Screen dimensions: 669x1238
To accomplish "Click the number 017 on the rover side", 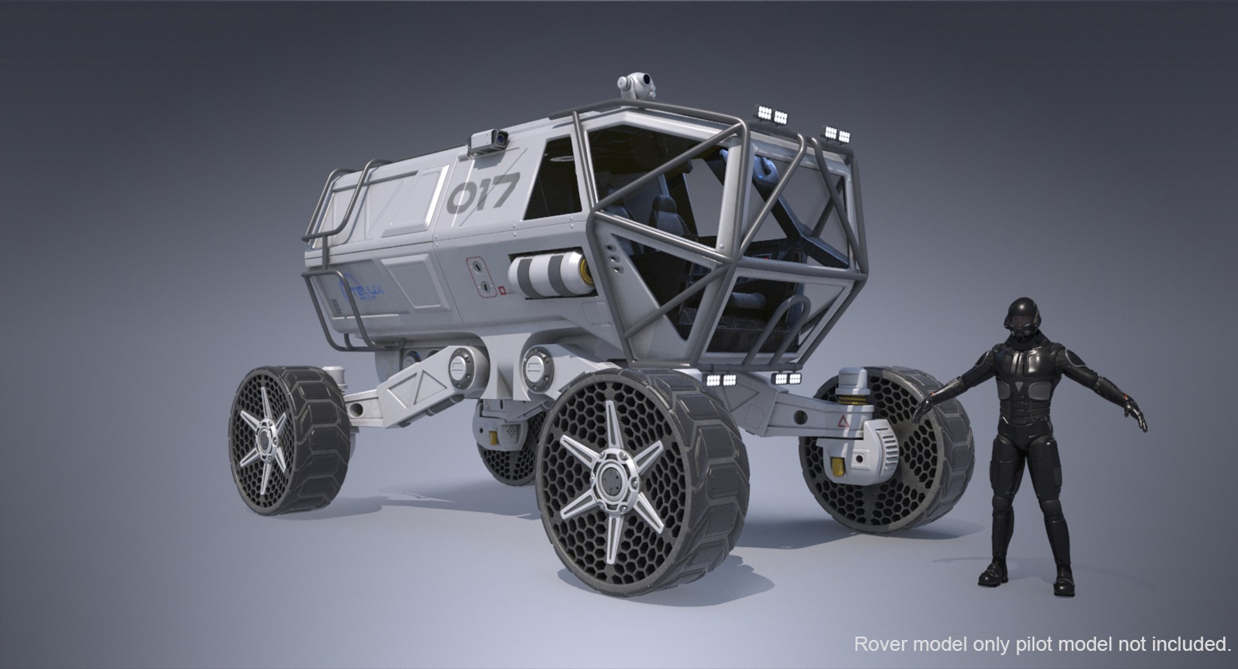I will click(x=482, y=192).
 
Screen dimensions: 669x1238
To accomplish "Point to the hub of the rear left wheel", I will click(x=264, y=441).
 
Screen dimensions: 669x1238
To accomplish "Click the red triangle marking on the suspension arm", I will click(x=841, y=422).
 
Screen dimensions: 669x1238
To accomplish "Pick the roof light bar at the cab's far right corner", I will click(x=838, y=134).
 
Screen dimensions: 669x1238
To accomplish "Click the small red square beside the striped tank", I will click(x=501, y=291).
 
